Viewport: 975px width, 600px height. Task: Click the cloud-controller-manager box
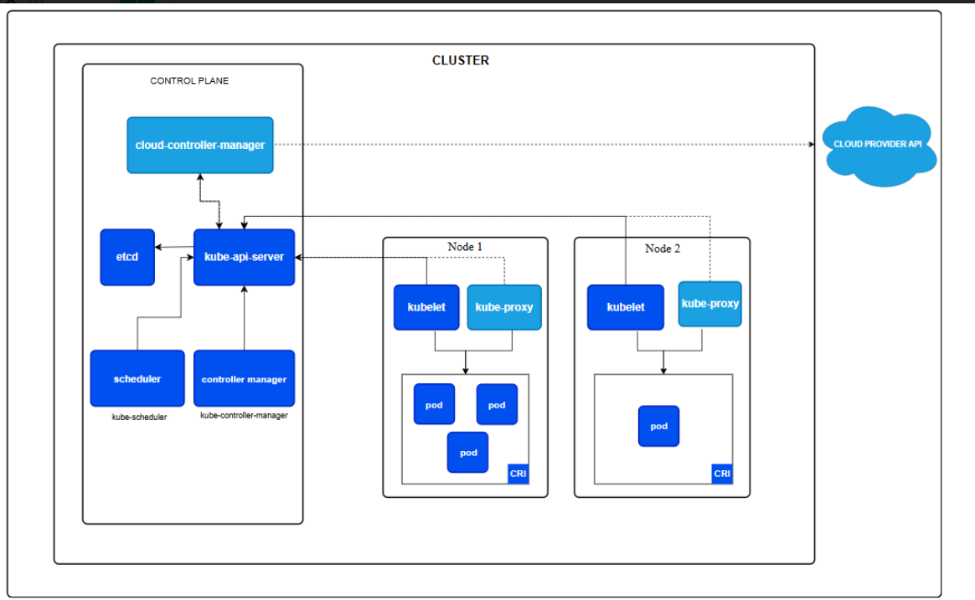[x=199, y=145]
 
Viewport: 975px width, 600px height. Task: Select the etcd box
[x=127, y=257]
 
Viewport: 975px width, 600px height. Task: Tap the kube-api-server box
[x=244, y=257]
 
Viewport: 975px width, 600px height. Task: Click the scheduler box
[x=137, y=378]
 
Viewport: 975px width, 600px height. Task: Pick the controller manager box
[x=244, y=378]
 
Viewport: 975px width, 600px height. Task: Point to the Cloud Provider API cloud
[x=879, y=146]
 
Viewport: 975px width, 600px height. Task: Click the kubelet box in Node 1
[x=426, y=307]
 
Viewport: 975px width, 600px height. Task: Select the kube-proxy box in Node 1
[x=504, y=307]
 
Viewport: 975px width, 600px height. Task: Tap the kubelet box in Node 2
[x=626, y=307]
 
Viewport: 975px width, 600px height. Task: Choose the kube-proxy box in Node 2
[x=710, y=304]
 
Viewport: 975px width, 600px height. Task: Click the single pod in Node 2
[x=659, y=426]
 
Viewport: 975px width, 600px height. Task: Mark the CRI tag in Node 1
[x=518, y=474]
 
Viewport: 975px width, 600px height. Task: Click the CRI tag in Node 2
[x=722, y=474]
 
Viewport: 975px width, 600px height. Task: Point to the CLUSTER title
[x=461, y=60]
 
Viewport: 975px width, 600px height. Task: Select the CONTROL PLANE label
[x=189, y=80]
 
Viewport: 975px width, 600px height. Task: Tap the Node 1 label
[x=465, y=247]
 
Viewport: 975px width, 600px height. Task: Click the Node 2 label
[x=663, y=249]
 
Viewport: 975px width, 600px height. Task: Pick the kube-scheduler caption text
[x=139, y=418]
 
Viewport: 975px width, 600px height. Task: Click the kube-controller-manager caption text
[x=244, y=416]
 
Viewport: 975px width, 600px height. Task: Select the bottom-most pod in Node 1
[x=467, y=452]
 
